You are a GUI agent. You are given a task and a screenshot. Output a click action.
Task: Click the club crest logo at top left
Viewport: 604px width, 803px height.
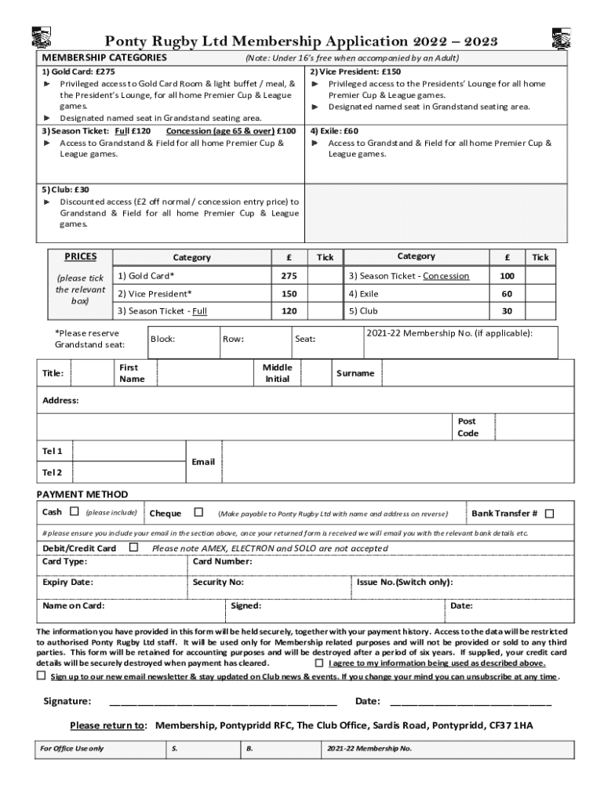[x=41, y=37]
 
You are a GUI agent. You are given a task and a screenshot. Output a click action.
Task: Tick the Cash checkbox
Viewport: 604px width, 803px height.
[x=75, y=512]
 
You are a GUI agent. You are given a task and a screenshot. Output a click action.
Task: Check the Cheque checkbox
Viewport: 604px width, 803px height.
[x=198, y=512]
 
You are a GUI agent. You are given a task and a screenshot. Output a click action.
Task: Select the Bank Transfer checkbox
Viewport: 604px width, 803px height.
[x=549, y=514]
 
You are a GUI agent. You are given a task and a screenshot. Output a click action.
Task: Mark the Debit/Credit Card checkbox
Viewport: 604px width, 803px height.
[x=133, y=547]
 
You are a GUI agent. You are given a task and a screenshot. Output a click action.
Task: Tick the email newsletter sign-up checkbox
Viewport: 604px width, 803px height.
[x=42, y=675]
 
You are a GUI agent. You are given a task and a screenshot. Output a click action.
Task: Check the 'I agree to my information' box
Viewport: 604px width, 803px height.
[x=319, y=663]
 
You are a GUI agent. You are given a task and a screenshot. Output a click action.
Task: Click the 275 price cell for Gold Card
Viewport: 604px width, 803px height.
[x=289, y=276]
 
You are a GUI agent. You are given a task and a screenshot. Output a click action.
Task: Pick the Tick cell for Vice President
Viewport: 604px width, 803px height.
[x=325, y=293]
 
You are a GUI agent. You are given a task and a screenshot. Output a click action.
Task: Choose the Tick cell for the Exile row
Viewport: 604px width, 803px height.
[x=540, y=293]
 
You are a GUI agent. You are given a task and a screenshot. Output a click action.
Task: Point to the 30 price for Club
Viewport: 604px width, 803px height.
[x=508, y=311]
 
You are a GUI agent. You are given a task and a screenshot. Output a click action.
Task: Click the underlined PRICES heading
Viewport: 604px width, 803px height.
[x=82, y=256]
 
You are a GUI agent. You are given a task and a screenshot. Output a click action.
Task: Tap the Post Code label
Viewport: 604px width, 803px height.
[x=468, y=427]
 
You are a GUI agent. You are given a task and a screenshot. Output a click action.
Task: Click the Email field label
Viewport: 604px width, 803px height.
[x=203, y=462]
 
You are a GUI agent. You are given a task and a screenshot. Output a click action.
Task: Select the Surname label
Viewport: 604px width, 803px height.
[x=355, y=373]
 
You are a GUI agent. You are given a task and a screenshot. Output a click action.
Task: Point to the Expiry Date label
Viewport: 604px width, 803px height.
[x=67, y=583]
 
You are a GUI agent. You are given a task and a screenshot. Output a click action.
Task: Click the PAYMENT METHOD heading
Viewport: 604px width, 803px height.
[x=82, y=494]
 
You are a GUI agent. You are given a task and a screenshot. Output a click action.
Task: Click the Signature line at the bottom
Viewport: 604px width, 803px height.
[x=224, y=700]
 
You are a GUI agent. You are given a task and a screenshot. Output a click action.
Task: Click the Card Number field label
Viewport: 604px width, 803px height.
[x=222, y=561]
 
